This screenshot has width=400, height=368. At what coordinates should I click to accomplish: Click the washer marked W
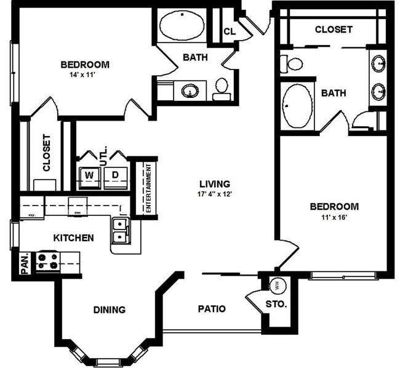(x=90, y=176)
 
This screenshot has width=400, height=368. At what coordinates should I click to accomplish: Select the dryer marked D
(x=115, y=176)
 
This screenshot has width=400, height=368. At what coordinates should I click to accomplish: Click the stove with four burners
(x=47, y=262)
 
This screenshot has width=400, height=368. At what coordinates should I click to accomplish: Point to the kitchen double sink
(x=120, y=230)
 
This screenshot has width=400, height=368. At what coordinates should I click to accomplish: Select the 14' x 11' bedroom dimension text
(x=85, y=76)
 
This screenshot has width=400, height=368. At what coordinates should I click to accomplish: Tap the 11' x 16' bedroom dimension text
(x=334, y=217)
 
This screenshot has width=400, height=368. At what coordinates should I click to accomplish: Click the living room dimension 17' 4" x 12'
(x=214, y=194)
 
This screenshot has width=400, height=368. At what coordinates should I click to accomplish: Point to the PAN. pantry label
(x=25, y=263)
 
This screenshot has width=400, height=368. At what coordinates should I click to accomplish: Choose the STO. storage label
(x=276, y=304)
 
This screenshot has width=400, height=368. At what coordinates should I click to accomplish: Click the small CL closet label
(x=229, y=31)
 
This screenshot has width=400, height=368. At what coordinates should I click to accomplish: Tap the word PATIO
(x=211, y=308)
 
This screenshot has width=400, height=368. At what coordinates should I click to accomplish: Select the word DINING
(x=110, y=310)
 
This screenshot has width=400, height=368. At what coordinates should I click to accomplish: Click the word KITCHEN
(x=73, y=238)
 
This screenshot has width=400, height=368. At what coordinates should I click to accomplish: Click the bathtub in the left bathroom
(x=182, y=26)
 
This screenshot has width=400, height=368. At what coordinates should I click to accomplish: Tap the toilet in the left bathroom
(x=222, y=89)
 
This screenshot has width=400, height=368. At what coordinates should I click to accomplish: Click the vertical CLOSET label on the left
(x=46, y=153)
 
